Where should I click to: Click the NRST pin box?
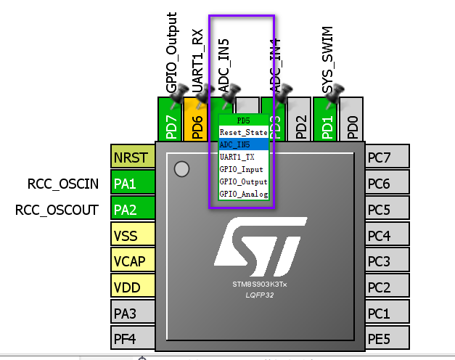click(131, 157)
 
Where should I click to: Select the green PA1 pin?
click(131, 184)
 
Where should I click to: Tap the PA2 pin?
click(131, 210)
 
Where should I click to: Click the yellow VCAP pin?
click(131, 261)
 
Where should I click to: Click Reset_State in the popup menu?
click(243, 133)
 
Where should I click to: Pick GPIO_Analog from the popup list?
click(243, 194)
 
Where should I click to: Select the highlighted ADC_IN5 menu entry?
click(243, 144)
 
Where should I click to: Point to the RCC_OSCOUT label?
click(57, 210)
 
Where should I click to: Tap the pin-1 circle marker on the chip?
click(181, 169)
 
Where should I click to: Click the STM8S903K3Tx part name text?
click(259, 284)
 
